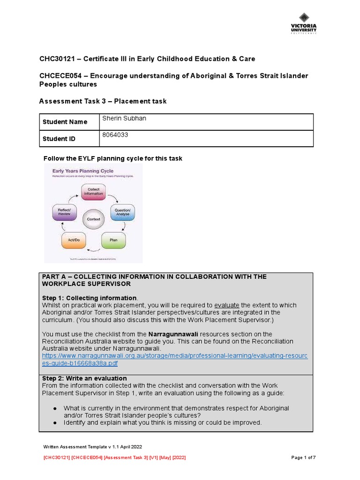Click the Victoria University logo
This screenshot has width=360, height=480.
pyautogui.click(x=303, y=23)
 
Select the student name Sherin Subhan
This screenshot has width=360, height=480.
pyautogui.click(x=124, y=119)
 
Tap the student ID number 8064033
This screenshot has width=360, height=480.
pyautogui.click(x=115, y=135)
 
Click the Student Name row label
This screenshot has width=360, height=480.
pyautogui.click(x=65, y=122)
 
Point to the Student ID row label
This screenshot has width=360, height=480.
pyautogui.click(x=59, y=139)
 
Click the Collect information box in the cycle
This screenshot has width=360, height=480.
pyautogui.click(x=93, y=191)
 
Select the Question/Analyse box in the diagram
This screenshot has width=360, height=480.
pyautogui.click(x=123, y=212)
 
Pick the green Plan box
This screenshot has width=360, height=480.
pyautogui.click(x=113, y=240)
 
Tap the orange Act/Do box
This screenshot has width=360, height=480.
pyautogui.click(x=74, y=240)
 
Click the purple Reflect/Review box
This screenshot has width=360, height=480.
pyautogui.click(x=64, y=212)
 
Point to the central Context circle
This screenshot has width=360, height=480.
pyautogui.click(x=93, y=219)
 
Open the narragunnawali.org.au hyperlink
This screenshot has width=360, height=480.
pyautogui.click(x=174, y=360)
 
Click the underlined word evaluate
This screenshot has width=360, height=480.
pyautogui.click(x=226, y=305)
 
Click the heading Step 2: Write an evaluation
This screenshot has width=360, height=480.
pyautogui.click(x=84, y=378)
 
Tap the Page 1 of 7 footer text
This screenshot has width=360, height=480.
pyautogui.click(x=304, y=457)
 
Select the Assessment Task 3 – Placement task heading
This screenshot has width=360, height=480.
pyautogui.click(x=103, y=101)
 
